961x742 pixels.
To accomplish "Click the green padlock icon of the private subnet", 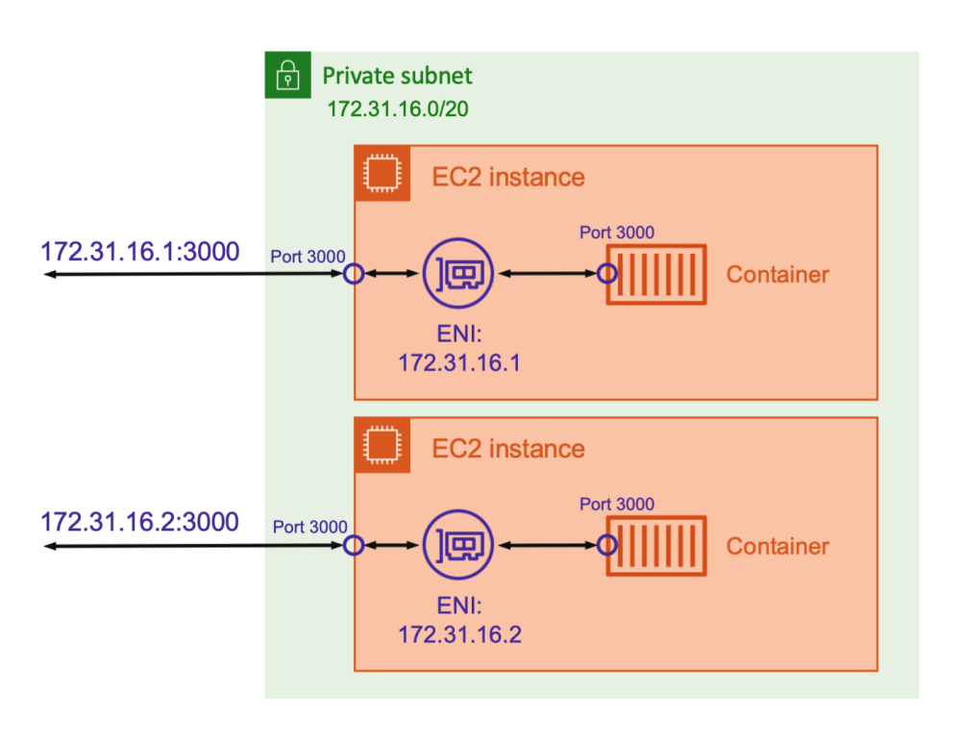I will point(286,76).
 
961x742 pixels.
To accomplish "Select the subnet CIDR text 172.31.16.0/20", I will point(398,108).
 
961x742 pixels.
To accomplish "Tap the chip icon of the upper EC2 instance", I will point(382,173).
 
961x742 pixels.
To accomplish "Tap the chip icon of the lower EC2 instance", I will point(382,445).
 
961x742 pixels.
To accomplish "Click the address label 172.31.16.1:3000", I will point(139,251).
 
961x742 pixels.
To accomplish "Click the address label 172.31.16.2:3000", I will point(139,522).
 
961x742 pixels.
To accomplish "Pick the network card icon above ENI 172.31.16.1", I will point(458,274).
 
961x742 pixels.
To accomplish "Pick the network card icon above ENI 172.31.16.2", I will point(458,545).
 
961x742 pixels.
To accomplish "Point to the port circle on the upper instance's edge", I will point(354,274).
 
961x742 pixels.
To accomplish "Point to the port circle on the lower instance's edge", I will point(354,545).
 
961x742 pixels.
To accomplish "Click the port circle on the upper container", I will point(606,274).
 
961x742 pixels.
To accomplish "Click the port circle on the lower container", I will point(606,545).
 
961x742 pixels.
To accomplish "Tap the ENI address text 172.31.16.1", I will point(459,363).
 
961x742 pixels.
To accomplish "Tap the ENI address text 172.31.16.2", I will point(459,634).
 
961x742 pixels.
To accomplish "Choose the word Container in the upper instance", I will point(776,275).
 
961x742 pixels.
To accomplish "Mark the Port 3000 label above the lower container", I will point(617,504).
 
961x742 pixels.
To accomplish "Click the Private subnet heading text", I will point(398,76).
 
